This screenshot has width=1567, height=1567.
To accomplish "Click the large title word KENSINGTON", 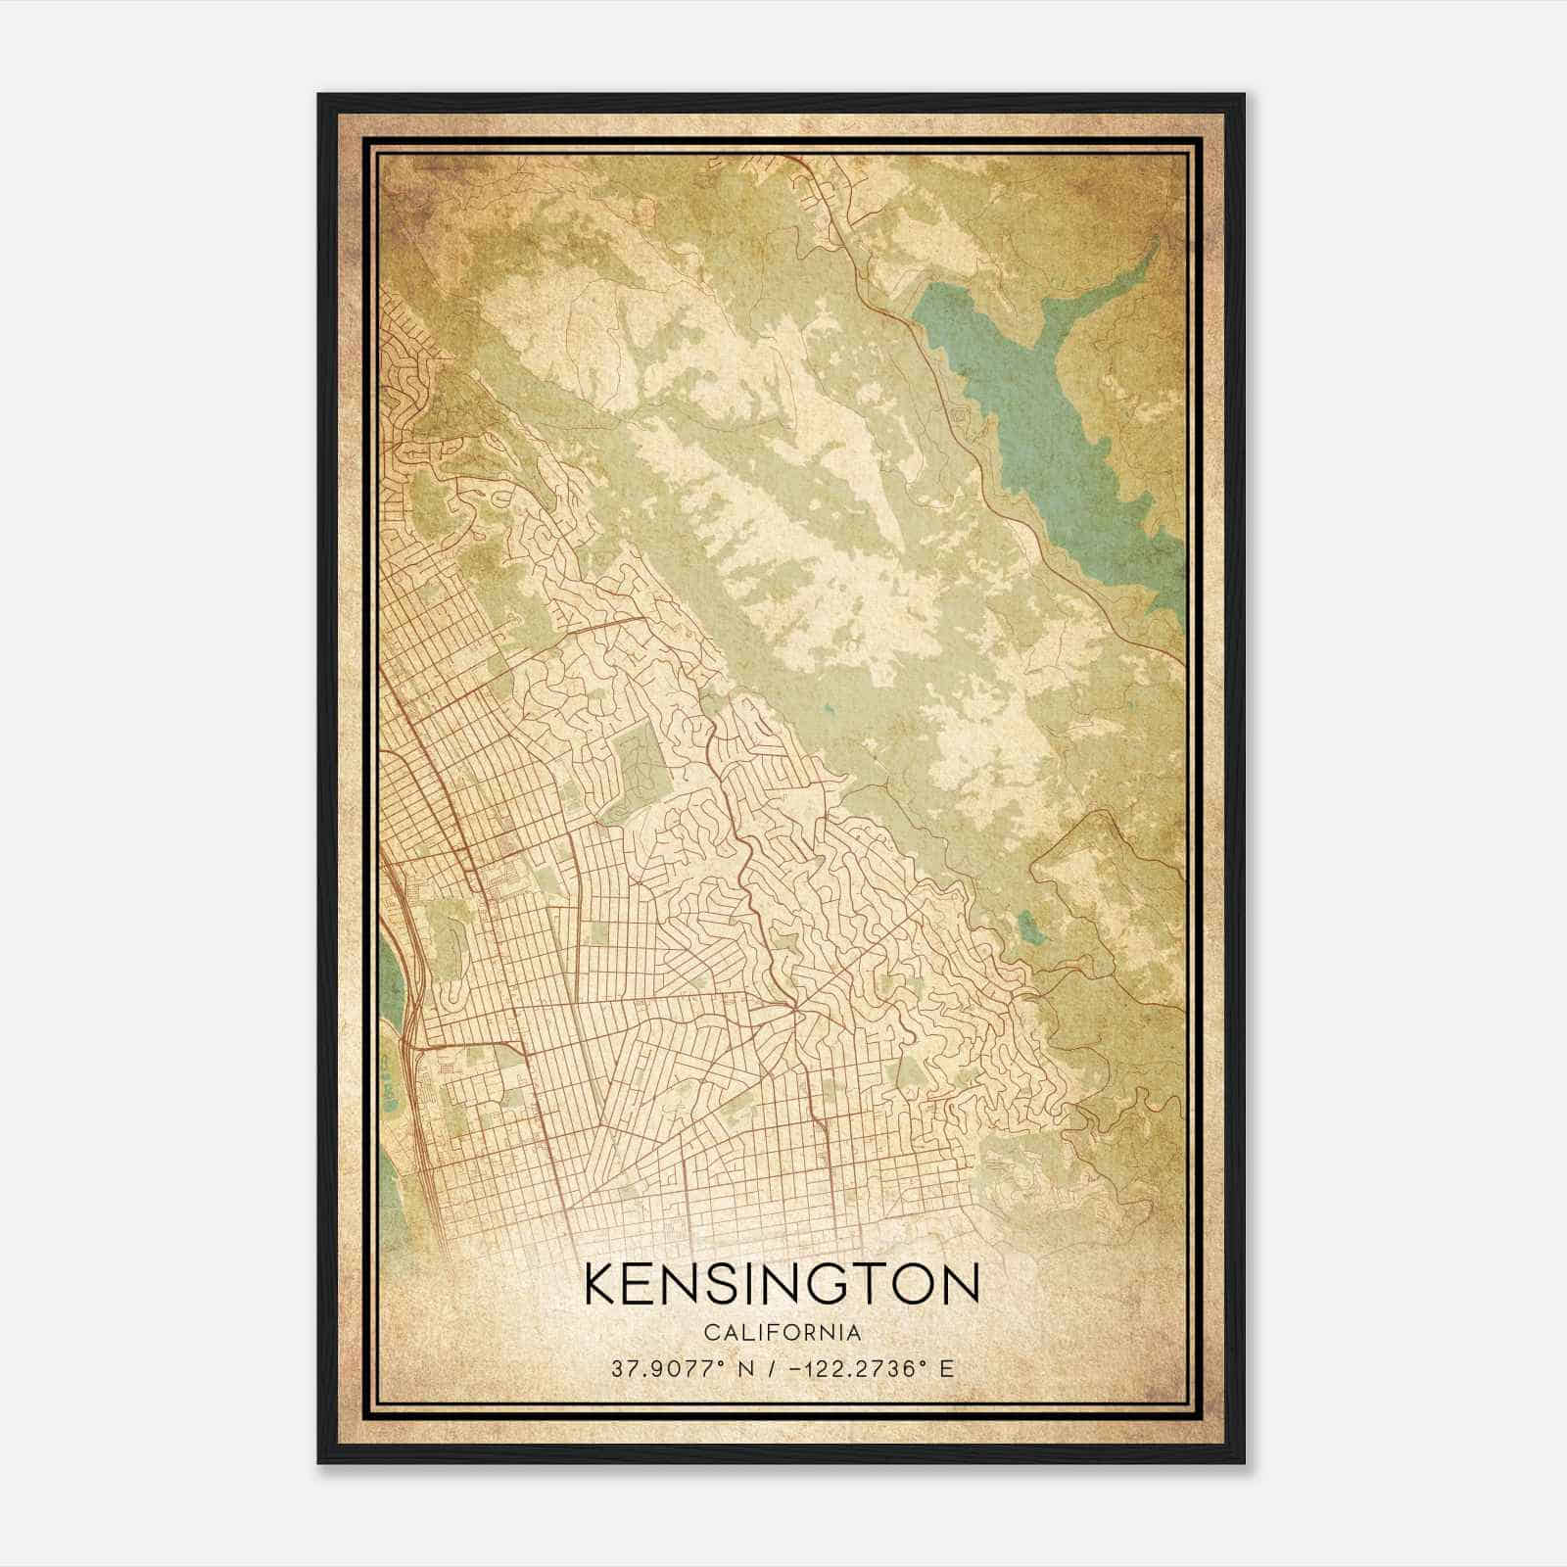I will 782,1284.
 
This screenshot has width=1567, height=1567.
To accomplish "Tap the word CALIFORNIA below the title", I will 782,1333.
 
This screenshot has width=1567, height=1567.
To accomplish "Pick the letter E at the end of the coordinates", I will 945,1369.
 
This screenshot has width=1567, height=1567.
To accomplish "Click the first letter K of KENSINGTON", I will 600,1284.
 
